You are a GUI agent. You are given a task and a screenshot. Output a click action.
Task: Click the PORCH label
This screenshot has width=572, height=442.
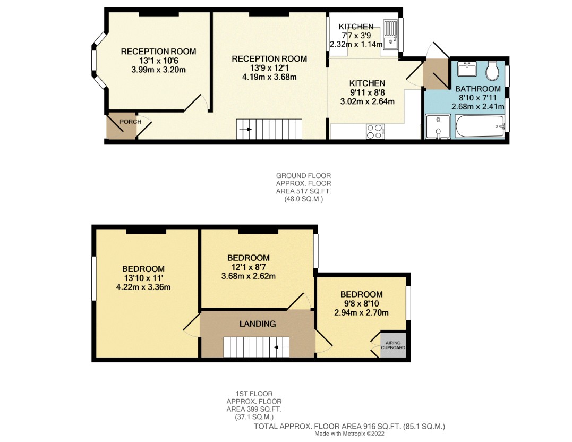pos(130,122)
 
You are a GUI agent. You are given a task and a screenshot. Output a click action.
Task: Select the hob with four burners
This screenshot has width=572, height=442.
pos(375,131)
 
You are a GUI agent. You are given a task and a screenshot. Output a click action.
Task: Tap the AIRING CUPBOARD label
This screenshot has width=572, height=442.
pos(393,345)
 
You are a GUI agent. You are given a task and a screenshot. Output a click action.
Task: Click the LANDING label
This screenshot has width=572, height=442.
pos(258,324)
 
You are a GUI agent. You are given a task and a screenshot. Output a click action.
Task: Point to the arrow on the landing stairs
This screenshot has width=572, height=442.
pos(280,347)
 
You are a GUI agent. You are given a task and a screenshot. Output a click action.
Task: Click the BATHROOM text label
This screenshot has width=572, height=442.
pos(477,89)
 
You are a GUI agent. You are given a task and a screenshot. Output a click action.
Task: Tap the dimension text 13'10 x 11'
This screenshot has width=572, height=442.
pos(143,278)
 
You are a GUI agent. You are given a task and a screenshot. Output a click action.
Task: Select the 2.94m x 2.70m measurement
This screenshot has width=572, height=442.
pos(361,312)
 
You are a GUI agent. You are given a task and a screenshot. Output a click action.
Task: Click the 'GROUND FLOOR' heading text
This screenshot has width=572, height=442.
pos(299,176)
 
